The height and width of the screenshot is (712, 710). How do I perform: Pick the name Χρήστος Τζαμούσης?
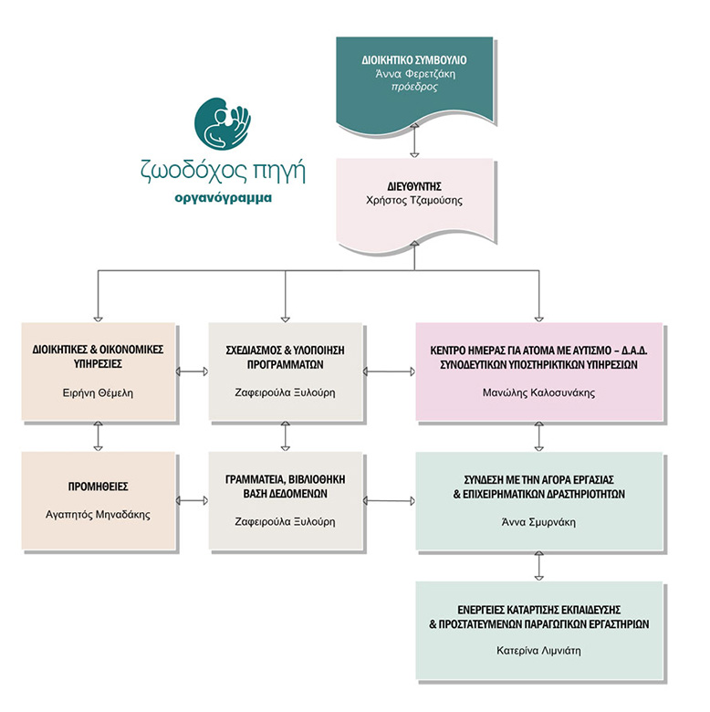pos(414,200)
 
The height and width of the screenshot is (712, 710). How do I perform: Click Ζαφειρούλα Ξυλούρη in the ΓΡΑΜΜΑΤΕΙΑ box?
pos(287,521)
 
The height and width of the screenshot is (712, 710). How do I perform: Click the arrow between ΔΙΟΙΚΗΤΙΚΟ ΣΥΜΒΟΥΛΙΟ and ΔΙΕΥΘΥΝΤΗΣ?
pos(415,141)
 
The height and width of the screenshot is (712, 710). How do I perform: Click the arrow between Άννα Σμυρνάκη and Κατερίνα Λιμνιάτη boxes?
pos(538,566)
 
